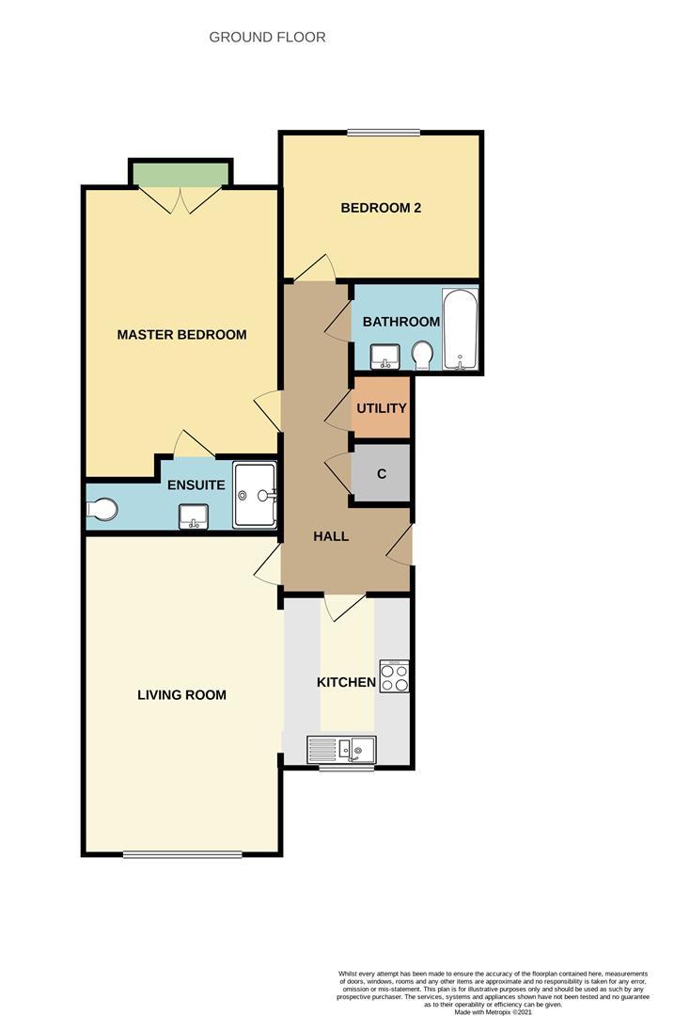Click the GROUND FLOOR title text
tap(267, 38)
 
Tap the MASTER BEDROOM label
tap(181, 335)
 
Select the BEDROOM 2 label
tap(381, 208)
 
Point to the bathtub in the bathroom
tap(461, 330)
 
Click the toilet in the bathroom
tap(423, 355)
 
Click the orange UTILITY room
tap(382, 407)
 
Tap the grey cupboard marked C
tap(382, 473)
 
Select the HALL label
tap(331, 536)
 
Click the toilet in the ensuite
tap(102, 509)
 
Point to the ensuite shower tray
tap(255, 494)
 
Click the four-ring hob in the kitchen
tap(394, 677)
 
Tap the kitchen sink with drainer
tap(341, 750)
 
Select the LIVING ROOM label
tap(181, 695)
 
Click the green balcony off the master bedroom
tap(181, 175)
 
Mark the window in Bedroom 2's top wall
tap(384, 134)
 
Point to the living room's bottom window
tap(182, 854)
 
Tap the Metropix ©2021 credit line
tap(493, 1011)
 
